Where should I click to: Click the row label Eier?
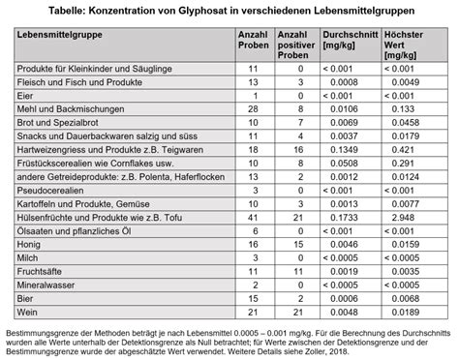[x=27, y=97]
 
